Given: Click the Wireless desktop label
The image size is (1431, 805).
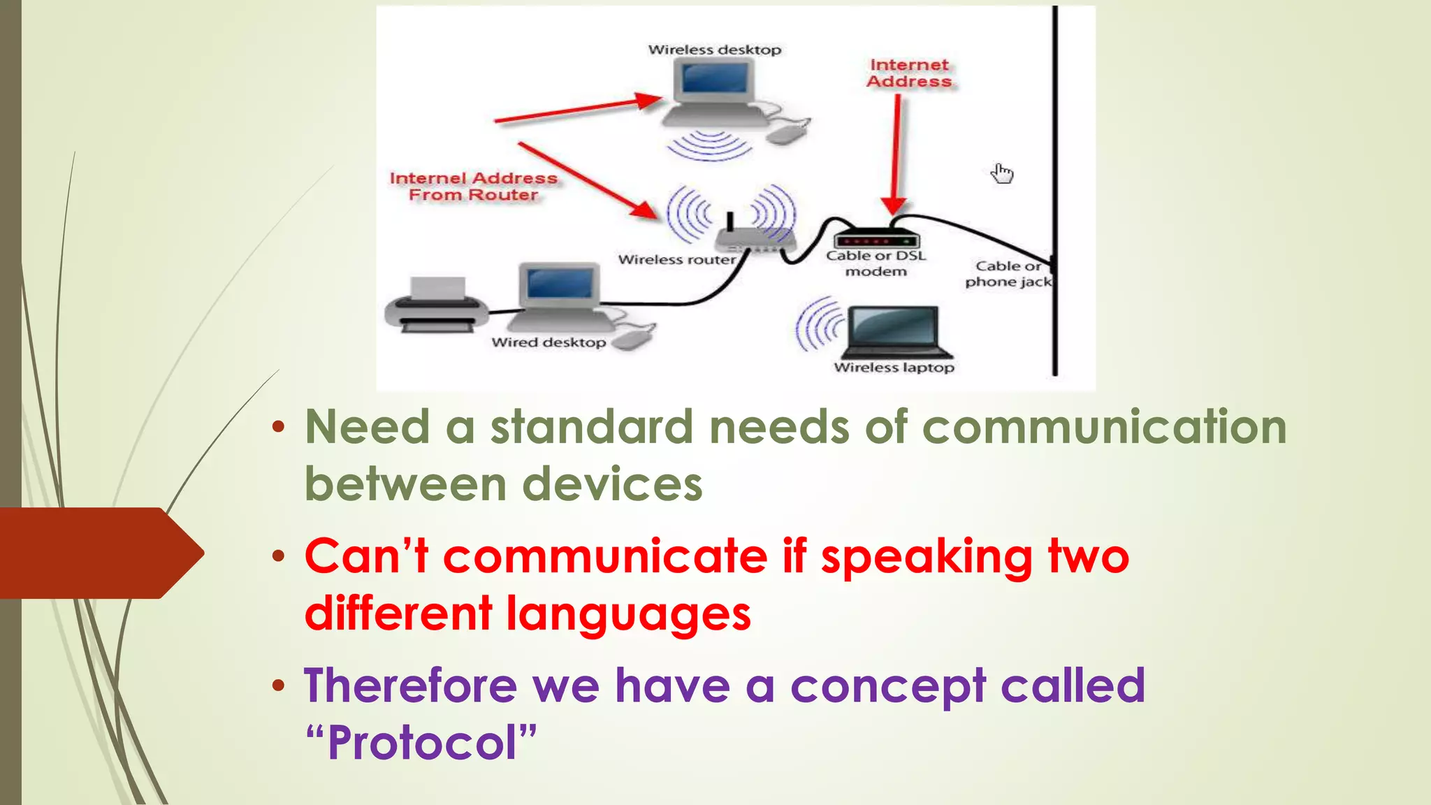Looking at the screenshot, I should [714, 50].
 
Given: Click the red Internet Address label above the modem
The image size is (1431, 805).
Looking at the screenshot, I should [909, 73].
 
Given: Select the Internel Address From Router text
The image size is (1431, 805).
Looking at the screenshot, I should [473, 187].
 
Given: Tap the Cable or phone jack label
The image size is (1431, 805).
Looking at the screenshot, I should [1008, 274].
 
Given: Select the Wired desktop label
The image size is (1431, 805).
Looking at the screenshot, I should [549, 342].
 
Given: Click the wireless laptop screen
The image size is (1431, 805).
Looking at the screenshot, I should [894, 326].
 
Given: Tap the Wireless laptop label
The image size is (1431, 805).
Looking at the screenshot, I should [894, 368].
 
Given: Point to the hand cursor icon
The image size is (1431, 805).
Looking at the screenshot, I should [1002, 173].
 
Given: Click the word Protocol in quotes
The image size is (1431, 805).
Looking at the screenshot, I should [422, 742].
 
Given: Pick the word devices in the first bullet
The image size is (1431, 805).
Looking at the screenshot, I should [612, 484].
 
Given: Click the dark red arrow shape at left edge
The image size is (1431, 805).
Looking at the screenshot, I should [98, 553].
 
